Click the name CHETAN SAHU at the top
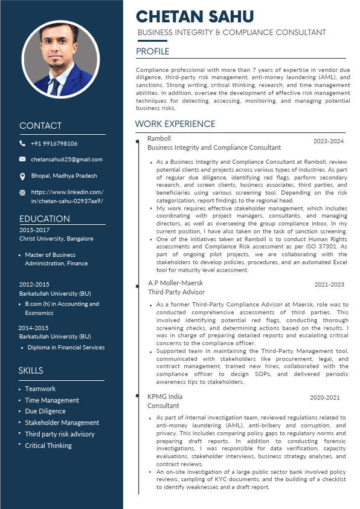195,16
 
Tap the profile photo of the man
60,60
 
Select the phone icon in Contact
22,143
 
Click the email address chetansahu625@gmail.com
66,160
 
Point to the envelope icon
22,160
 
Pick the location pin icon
22,176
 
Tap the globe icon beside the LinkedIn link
22,193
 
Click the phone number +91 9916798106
54,143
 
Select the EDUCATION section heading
45,219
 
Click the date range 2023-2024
328,141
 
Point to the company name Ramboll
159,138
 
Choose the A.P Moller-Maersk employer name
175,283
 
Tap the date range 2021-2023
329,284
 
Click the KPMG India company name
165,397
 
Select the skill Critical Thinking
48,446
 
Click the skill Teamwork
40,389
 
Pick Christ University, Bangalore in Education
56,239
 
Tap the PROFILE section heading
153,51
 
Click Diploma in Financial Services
65,348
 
